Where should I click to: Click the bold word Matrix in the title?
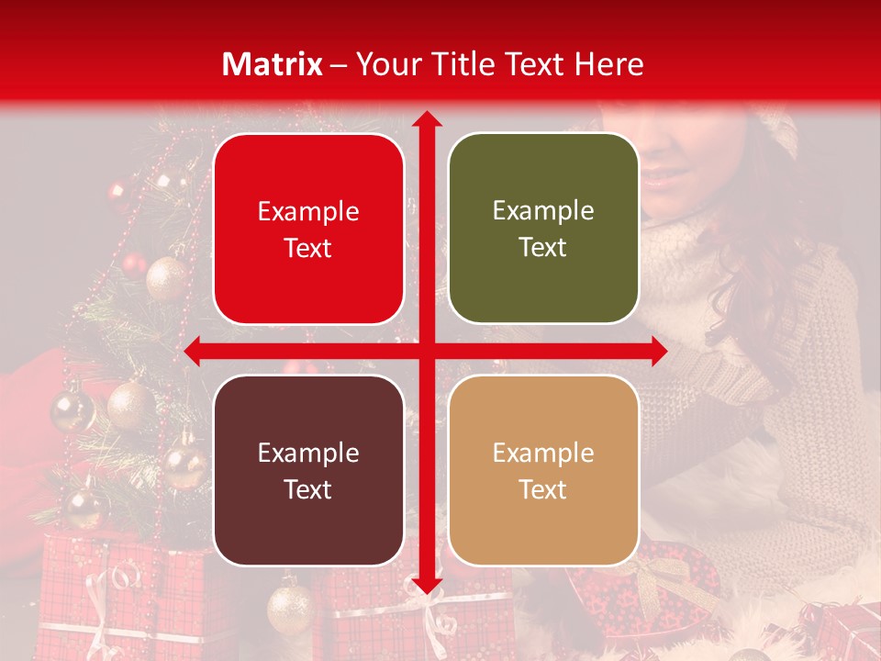tap(273, 64)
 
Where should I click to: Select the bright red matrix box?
tap(308, 230)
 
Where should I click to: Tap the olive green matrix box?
tap(543, 230)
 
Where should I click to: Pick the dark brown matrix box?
tap(308, 470)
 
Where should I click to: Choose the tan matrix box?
tap(543, 470)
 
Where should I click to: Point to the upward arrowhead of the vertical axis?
tap(426, 120)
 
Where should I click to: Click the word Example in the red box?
tap(308, 212)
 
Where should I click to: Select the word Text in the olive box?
tap(543, 248)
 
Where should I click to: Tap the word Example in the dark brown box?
tap(308, 453)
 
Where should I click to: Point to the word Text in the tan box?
tap(543, 489)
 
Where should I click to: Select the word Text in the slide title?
tap(532, 64)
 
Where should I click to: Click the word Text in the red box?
tap(308, 249)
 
